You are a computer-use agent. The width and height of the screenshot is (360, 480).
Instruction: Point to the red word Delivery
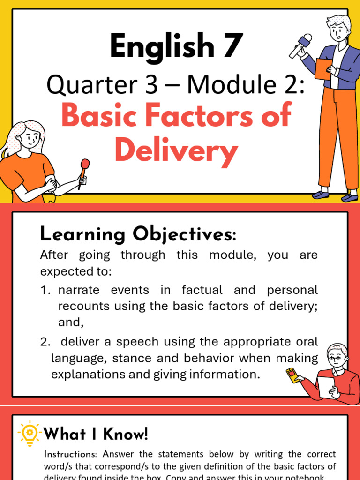[x=176, y=151]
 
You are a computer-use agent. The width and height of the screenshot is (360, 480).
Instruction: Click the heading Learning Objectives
[x=138, y=234]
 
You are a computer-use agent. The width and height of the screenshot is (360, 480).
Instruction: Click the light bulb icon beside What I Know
[x=30, y=432]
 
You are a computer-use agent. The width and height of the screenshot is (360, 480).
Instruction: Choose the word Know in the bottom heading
[x=127, y=434]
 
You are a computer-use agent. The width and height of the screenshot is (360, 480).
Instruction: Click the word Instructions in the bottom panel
[x=71, y=454]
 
